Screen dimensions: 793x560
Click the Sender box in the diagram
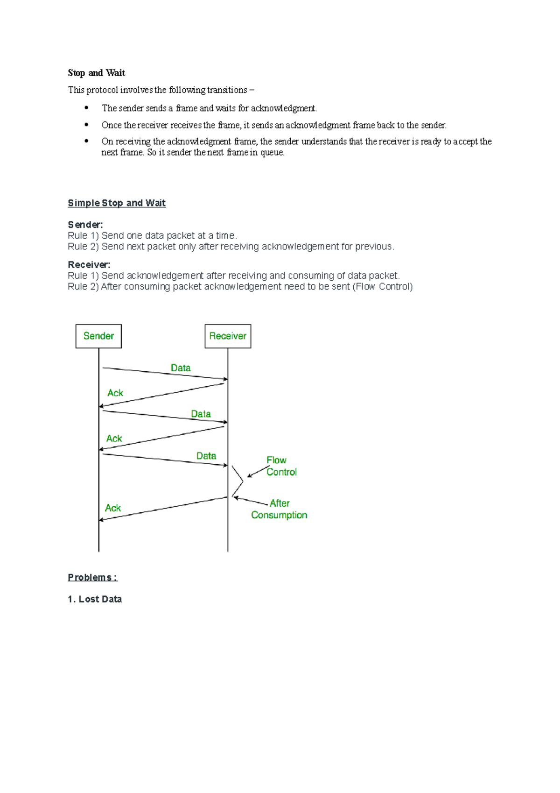point(98,336)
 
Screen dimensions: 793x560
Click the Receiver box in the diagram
point(228,336)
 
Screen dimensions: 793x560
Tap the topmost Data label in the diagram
point(181,368)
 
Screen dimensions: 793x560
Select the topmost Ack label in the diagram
point(115,393)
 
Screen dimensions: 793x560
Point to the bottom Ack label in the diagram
point(113,508)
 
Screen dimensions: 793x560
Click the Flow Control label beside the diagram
point(281,466)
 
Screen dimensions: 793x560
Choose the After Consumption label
point(279,509)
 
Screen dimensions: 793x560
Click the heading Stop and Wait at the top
point(97,73)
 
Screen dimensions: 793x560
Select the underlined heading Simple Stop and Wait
point(117,203)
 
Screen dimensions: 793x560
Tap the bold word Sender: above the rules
point(85,225)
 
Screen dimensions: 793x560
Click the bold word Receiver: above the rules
point(89,265)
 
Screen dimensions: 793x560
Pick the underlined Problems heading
point(92,578)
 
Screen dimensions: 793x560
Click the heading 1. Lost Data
point(95,599)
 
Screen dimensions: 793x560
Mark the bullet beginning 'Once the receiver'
point(274,125)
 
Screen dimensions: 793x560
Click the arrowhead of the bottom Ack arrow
point(101,519)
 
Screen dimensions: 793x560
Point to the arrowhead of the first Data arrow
point(225,379)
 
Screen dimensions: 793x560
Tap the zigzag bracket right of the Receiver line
point(238,481)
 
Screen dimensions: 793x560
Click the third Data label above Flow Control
point(206,456)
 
